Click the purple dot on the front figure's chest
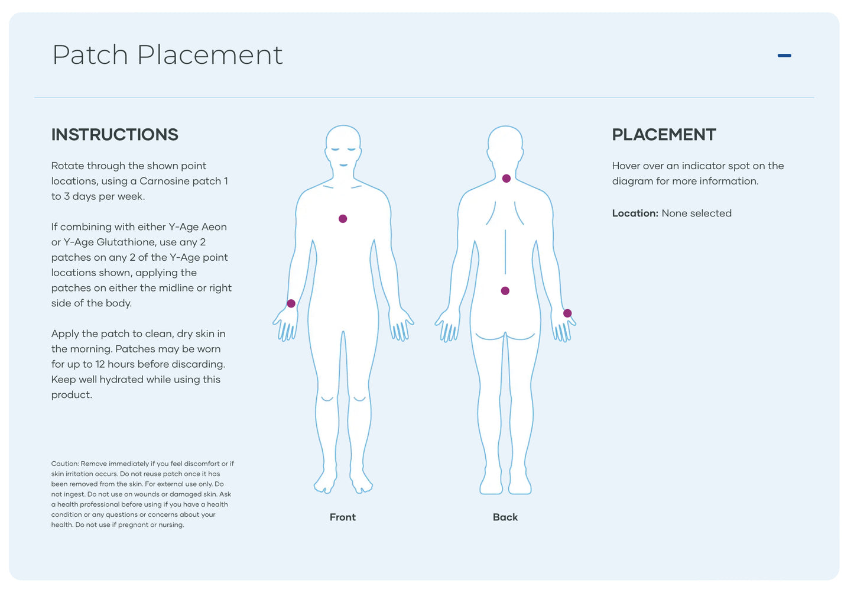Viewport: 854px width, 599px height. point(343,219)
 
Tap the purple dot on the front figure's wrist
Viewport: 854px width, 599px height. point(291,303)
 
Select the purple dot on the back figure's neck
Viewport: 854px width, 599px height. point(506,179)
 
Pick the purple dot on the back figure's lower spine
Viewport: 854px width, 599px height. point(505,291)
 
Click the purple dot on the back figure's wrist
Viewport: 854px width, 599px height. point(567,313)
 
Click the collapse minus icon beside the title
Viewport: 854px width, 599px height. point(784,56)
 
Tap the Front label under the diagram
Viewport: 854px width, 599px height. point(343,517)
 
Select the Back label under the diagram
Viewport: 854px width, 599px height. point(505,517)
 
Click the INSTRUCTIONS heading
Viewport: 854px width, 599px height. point(115,135)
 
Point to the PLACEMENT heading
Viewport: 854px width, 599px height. point(664,135)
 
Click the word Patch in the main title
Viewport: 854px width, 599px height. point(90,56)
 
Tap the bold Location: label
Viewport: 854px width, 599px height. point(635,213)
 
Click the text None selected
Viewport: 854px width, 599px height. point(697,213)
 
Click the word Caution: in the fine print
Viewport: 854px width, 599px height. point(65,464)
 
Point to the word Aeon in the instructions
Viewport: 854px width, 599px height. point(214,227)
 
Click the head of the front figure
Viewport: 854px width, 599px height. point(343,145)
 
